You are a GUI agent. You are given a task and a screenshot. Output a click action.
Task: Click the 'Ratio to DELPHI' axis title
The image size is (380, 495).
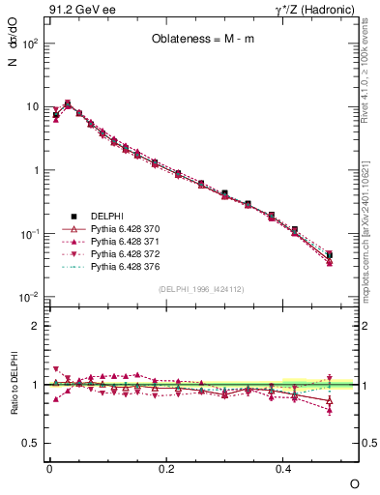[13, 407]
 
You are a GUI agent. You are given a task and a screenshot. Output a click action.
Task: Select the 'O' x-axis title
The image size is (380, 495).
[354, 482]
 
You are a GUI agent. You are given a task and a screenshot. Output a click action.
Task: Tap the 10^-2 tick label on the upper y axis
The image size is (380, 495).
[31, 297]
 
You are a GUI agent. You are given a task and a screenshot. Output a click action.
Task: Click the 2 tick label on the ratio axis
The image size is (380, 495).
[37, 326]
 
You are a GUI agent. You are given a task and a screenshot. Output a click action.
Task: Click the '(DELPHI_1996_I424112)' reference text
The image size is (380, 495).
[200, 288]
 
